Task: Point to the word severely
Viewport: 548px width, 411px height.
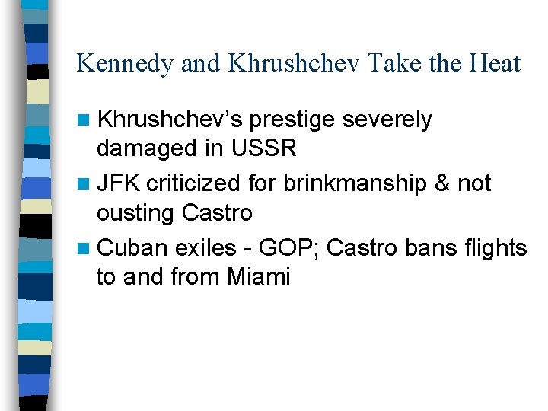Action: [x=389, y=120]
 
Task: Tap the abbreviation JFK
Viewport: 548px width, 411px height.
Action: [x=120, y=183]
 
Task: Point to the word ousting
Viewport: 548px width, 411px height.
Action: [x=135, y=212]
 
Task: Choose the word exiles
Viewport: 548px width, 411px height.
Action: [x=205, y=247]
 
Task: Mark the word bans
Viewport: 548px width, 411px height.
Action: [x=414, y=247]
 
